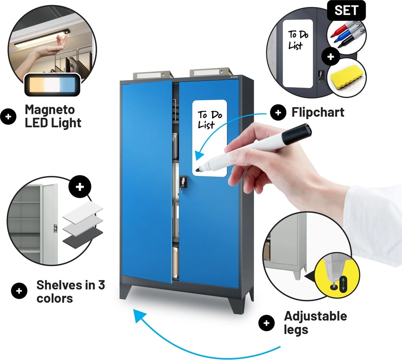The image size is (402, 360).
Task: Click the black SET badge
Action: (x=346, y=10)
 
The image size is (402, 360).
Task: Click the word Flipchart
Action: (x=318, y=112)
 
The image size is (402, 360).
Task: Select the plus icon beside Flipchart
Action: (x=278, y=112)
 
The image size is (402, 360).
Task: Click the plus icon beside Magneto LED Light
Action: (x=8, y=117)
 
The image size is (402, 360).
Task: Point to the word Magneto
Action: (x=50, y=110)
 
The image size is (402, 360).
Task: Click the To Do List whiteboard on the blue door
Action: (x=210, y=138)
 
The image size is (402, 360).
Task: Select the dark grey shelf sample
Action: (x=83, y=238)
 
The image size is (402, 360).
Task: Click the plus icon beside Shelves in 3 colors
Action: (x=19, y=291)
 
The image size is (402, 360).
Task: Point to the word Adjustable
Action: (x=316, y=316)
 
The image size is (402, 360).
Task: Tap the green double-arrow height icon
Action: (x=343, y=284)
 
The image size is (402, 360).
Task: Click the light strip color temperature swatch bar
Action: (x=52, y=85)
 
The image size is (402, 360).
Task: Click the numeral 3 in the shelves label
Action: (x=102, y=285)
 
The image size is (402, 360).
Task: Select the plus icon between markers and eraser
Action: (x=331, y=56)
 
